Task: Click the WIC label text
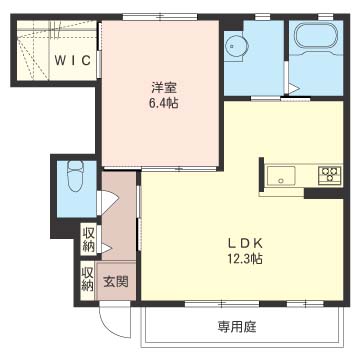tap(72, 60)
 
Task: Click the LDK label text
tap(245, 243)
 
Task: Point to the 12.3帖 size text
tap(245, 258)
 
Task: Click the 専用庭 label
tap(237, 327)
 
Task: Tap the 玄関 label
tap(115, 282)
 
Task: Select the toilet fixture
tap(76, 176)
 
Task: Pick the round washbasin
tap(236, 46)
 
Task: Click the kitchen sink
tap(281, 175)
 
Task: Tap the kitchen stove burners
tap(330, 174)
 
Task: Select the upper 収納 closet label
tap(89, 239)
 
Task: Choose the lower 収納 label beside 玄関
tap(87, 279)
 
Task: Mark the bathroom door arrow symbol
tap(293, 88)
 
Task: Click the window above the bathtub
tap(325, 16)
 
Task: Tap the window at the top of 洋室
tap(160, 16)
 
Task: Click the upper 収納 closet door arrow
tap(106, 248)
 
